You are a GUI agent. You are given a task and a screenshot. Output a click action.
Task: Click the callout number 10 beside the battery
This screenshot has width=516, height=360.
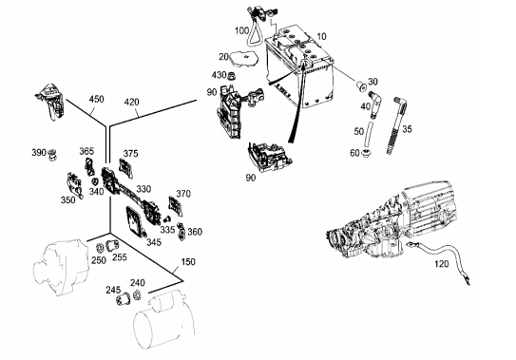tap(321, 36)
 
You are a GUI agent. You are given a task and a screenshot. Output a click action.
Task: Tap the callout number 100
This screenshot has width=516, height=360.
tap(242, 31)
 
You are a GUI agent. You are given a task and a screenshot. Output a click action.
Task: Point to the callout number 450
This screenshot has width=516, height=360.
tap(96, 99)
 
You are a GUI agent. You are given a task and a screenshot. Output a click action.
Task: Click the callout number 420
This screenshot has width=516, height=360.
tap(132, 102)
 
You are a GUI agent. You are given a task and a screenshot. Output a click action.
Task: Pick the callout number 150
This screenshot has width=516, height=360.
tap(188, 261)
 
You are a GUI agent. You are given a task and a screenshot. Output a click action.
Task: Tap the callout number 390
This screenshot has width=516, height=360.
tap(39, 152)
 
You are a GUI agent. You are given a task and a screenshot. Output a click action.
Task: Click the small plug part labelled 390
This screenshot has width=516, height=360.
tap(52, 155)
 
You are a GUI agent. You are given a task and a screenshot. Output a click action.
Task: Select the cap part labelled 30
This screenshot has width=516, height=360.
tap(361, 86)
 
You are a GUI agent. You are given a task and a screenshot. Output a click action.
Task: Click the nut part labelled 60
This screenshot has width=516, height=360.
tap(366, 153)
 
